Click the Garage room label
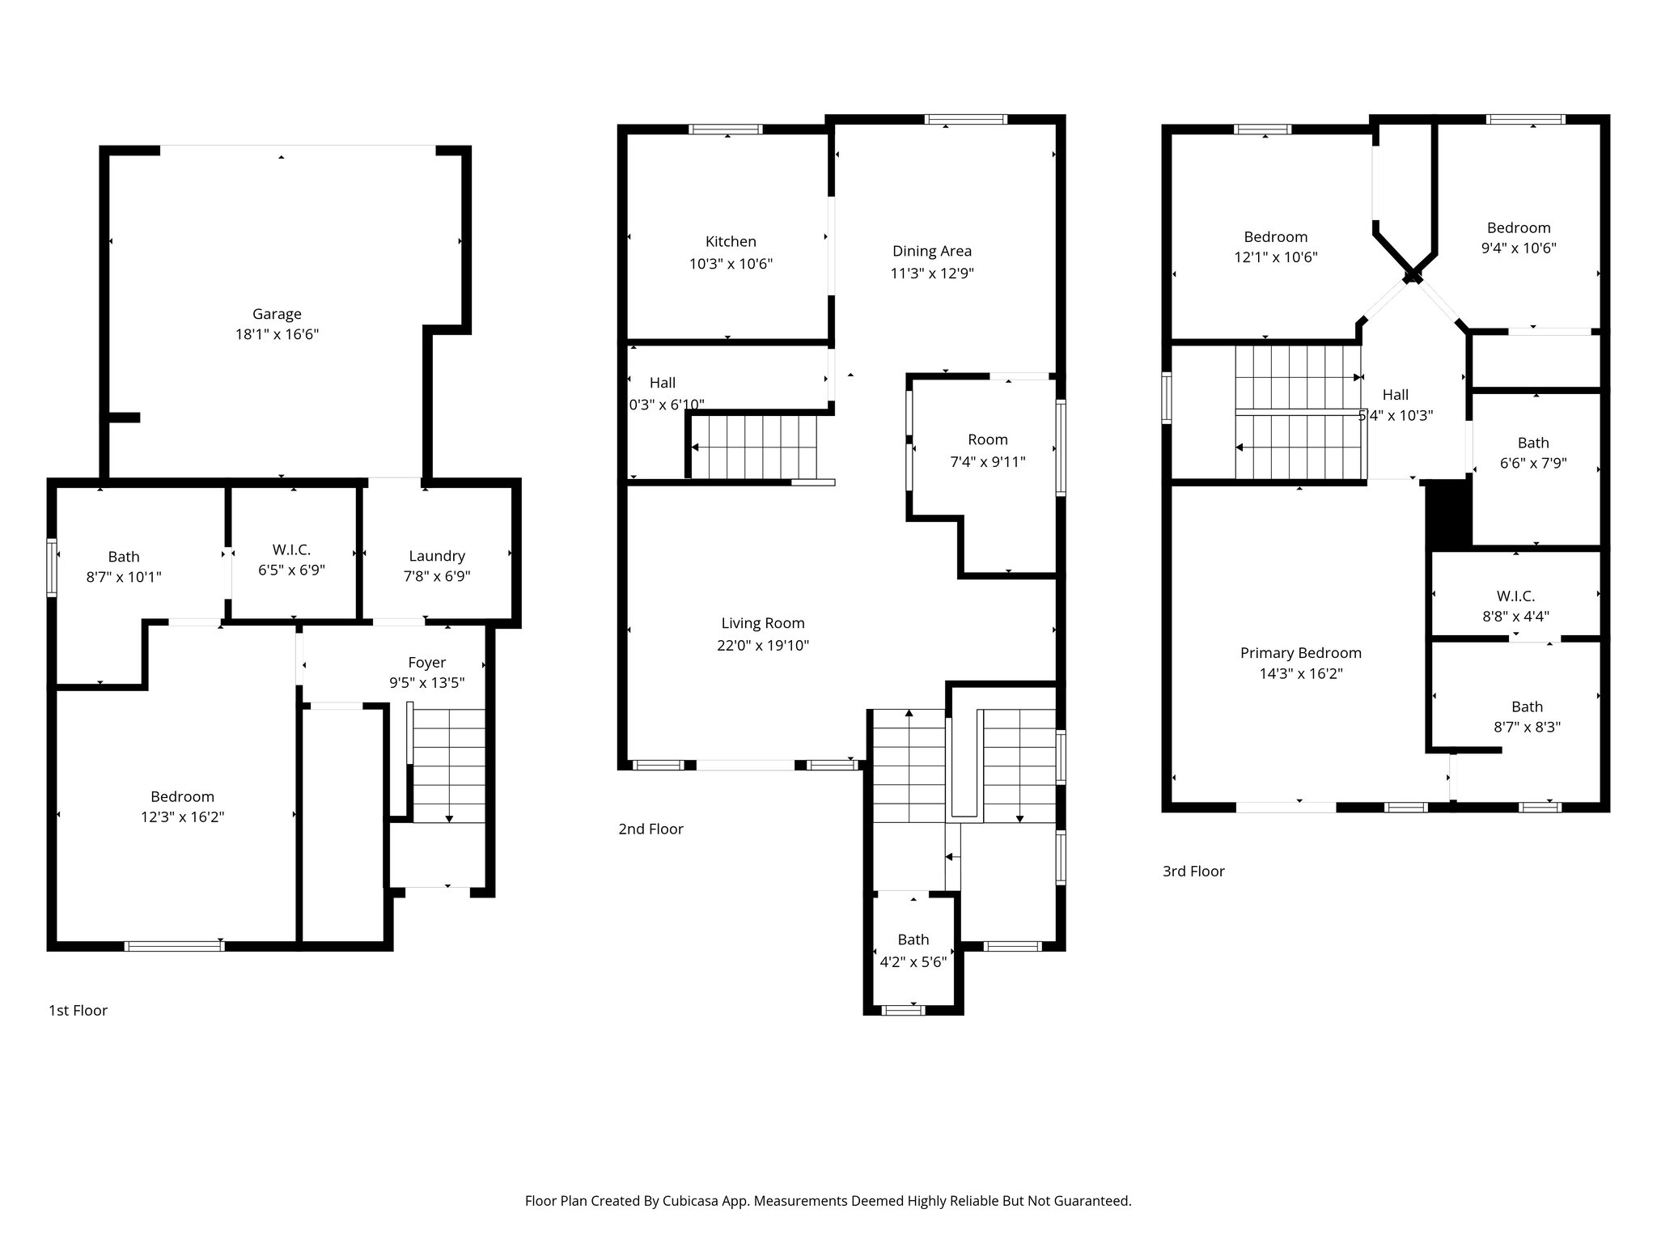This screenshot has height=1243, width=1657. coord(277,314)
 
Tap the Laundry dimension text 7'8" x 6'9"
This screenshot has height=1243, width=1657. coord(437,576)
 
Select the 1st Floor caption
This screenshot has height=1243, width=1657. coord(78,1010)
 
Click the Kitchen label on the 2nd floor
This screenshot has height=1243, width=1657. coord(731,241)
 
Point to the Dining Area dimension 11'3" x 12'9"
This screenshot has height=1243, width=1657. coord(931,274)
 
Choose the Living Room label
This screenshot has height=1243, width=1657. coord(763,623)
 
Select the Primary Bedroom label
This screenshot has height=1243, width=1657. coord(1300,653)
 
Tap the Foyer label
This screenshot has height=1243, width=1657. coord(426,663)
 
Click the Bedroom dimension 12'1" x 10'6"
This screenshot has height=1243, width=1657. coord(1275,257)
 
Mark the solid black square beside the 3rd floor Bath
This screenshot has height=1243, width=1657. coord(1448,514)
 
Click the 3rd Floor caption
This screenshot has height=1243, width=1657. coord(1193,871)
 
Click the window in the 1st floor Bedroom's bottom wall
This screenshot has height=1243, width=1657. coord(174,944)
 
